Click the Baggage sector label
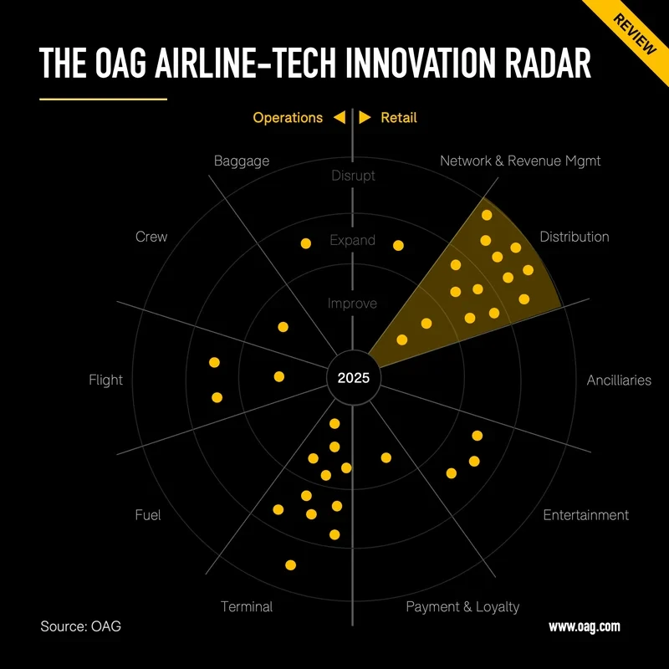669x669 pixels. (x=242, y=161)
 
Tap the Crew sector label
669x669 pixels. (x=151, y=237)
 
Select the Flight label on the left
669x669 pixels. (x=105, y=380)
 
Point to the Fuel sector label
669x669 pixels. (x=148, y=514)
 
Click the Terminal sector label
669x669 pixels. (x=247, y=606)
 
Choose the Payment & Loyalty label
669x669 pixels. (x=462, y=606)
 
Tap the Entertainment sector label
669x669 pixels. (x=585, y=514)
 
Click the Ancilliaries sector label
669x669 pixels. (x=619, y=380)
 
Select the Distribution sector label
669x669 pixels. (x=575, y=237)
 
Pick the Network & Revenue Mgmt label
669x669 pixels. (x=520, y=161)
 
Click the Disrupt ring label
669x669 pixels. (x=353, y=176)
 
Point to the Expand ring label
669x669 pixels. (x=353, y=240)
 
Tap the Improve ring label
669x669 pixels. (x=353, y=304)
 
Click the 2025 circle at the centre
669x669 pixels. (x=353, y=378)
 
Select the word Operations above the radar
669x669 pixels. (x=288, y=118)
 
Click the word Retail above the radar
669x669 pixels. (x=399, y=118)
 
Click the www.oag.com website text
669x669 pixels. (x=584, y=626)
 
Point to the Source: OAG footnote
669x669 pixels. (x=80, y=626)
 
